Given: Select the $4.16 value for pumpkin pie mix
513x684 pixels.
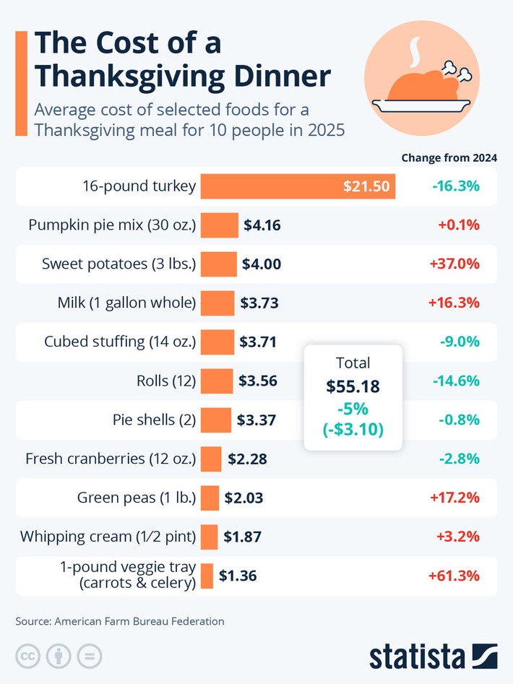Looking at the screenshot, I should (262, 225).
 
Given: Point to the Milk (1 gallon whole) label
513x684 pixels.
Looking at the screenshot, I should (126, 303).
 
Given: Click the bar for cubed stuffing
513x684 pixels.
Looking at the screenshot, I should (217, 342).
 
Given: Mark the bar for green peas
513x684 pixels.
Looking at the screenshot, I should (210, 498).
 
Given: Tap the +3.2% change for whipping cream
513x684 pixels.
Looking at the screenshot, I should (459, 537).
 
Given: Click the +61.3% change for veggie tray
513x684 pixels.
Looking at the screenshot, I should (454, 576).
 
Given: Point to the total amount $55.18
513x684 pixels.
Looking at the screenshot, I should (353, 386).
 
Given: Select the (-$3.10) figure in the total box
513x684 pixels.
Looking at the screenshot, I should (353, 430).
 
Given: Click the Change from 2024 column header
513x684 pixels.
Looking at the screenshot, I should (449, 157).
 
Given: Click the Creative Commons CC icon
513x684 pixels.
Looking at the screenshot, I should (28, 656).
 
